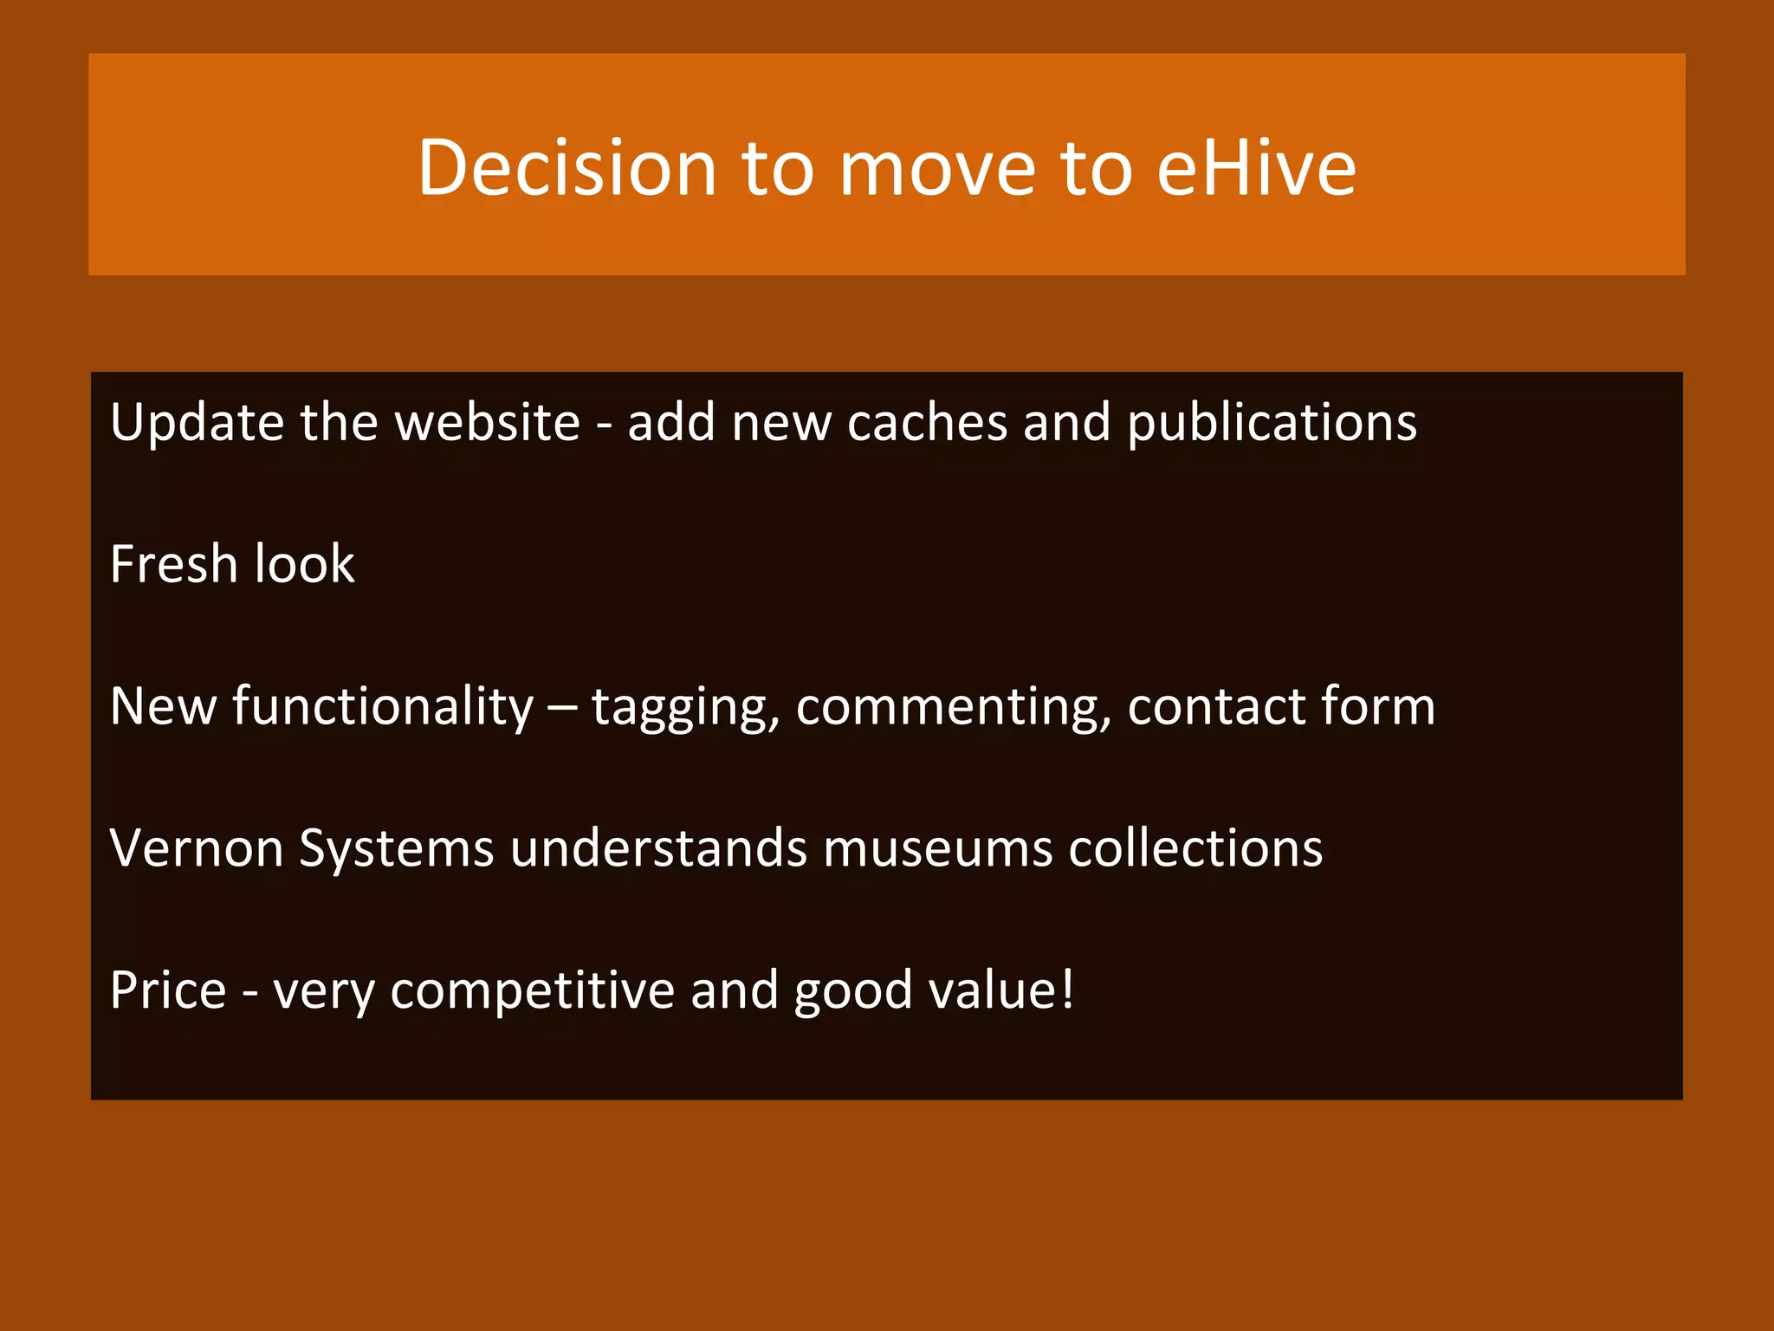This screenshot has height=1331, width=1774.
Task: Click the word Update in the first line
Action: coord(197,423)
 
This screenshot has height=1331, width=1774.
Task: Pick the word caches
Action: coord(927,423)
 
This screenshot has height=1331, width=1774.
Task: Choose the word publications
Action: coord(1272,423)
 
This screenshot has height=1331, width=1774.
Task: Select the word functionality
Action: coord(383,706)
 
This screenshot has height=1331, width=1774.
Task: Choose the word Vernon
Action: coord(197,847)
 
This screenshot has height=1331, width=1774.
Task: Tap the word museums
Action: coord(937,847)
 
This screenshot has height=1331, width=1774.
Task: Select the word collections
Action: coord(1195,847)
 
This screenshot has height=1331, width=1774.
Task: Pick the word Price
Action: coord(168,990)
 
